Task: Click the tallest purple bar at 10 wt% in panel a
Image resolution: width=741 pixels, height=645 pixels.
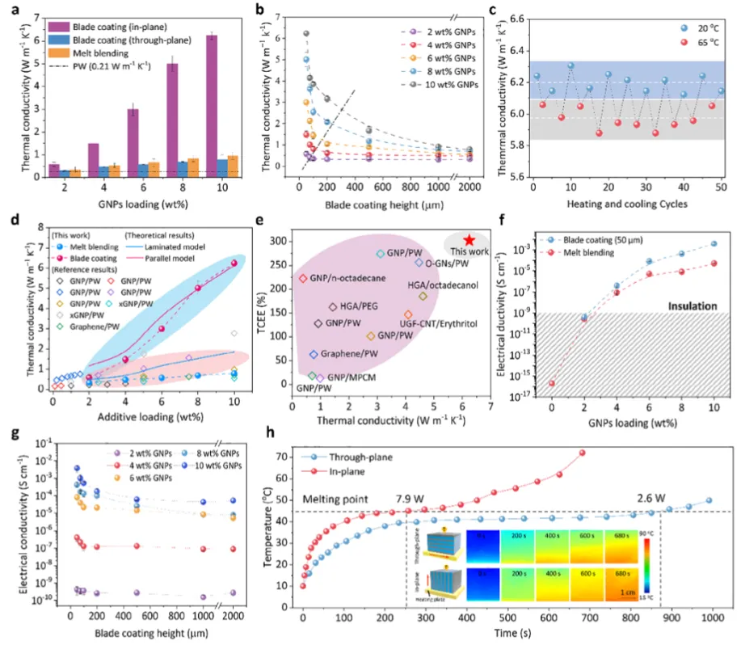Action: point(212,105)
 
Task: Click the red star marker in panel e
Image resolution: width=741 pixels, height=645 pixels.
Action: point(469,241)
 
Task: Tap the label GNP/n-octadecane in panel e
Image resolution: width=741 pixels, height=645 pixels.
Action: point(350,278)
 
